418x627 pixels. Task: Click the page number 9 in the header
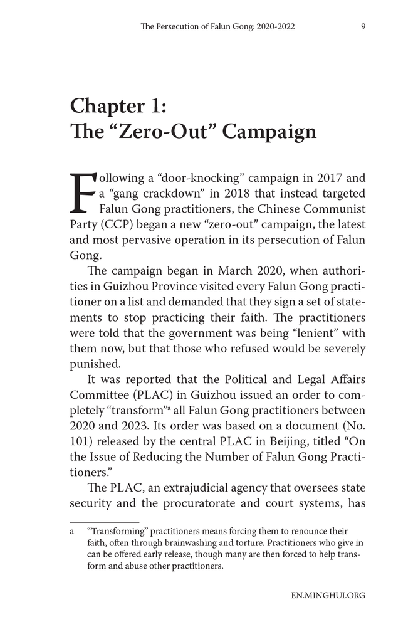point(346,27)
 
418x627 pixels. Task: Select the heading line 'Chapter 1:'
point(118,105)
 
